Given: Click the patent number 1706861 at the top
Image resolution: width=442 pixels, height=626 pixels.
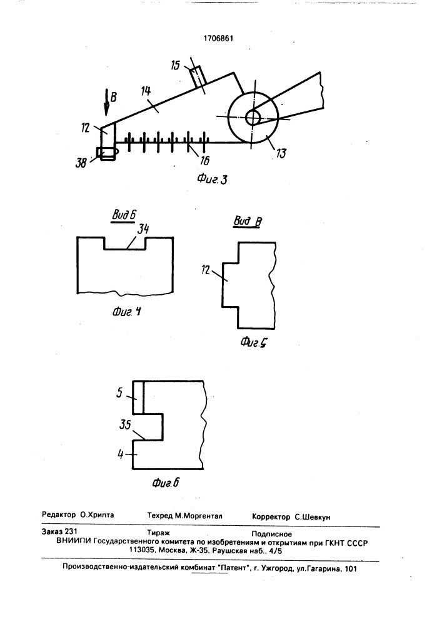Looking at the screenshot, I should pyautogui.click(x=219, y=38).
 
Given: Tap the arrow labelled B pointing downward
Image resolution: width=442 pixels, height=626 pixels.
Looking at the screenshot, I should pyautogui.click(x=106, y=106).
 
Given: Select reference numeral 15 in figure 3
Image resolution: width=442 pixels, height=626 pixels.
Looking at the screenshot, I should pyautogui.click(x=176, y=64).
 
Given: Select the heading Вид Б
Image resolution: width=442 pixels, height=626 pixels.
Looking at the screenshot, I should pyautogui.click(x=124, y=215).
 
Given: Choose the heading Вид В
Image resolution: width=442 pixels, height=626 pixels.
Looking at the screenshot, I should pyautogui.click(x=248, y=221).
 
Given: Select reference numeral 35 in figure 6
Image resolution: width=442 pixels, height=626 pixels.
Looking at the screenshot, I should pyautogui.click(x=124, y=425).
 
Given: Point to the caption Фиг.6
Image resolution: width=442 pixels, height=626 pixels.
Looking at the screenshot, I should pyautogui.click(x=166, y=483).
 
